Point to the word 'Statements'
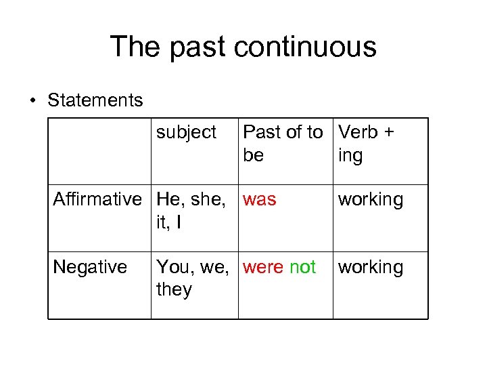[95, 101]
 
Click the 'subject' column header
[186, 132]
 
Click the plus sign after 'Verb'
[388, 132]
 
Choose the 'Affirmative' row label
[97, 200]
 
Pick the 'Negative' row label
[89, 267]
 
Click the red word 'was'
[260, 200]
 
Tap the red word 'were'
[263, 268]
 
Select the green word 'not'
[302, 268]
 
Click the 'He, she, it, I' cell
[193, 211]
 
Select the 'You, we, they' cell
[193, 279]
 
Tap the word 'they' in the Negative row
[174, 290]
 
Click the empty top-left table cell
[99, 151]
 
